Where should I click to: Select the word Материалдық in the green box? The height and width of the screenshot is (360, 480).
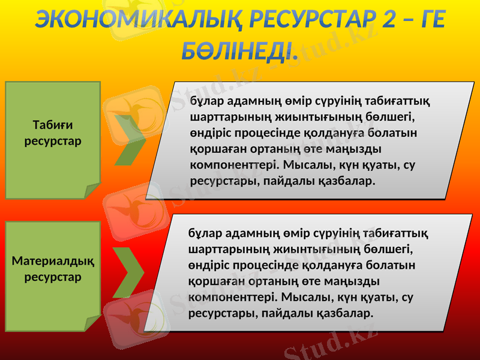(53, 263)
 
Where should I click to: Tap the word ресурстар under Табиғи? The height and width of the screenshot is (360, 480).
(52, 142)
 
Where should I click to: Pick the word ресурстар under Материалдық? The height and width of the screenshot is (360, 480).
(53, 278)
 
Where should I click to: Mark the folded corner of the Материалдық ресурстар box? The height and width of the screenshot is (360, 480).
(92, 324)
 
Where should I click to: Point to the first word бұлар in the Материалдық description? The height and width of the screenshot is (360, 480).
(202, 233)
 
